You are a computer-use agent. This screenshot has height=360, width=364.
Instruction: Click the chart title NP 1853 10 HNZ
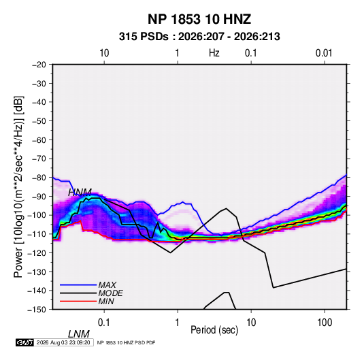click(199, 19)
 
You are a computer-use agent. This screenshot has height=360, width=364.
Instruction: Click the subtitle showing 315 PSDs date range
click(199, 37)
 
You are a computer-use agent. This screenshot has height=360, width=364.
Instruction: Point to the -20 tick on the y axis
click(39, 65)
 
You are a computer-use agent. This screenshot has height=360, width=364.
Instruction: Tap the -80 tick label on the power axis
click(39, 178)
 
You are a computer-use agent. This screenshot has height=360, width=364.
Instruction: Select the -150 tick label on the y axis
click(37, 310)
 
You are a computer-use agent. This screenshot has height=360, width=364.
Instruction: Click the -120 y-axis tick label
click(37, 252)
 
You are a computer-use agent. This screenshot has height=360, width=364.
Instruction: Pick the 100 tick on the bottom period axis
click(325, 323)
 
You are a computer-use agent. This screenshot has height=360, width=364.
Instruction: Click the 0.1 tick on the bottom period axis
click(104, 323)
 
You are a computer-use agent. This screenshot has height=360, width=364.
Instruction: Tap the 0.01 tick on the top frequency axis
click(324, 53)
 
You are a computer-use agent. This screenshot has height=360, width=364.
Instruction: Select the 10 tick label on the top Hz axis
click(104, 53)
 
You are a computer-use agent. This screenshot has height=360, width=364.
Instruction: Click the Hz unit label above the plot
click(214, 53)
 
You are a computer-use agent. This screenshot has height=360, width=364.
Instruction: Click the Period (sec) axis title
click(214, 330)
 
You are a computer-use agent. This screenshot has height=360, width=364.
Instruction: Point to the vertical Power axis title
click(18, 187)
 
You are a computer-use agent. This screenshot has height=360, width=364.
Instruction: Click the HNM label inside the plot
click(80, 193)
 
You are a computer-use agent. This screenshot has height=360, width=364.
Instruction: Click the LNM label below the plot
click(79, 334)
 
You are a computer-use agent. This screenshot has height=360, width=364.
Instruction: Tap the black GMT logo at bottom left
click(25, 342)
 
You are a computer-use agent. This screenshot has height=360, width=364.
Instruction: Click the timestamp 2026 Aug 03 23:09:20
click(63, 342)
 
